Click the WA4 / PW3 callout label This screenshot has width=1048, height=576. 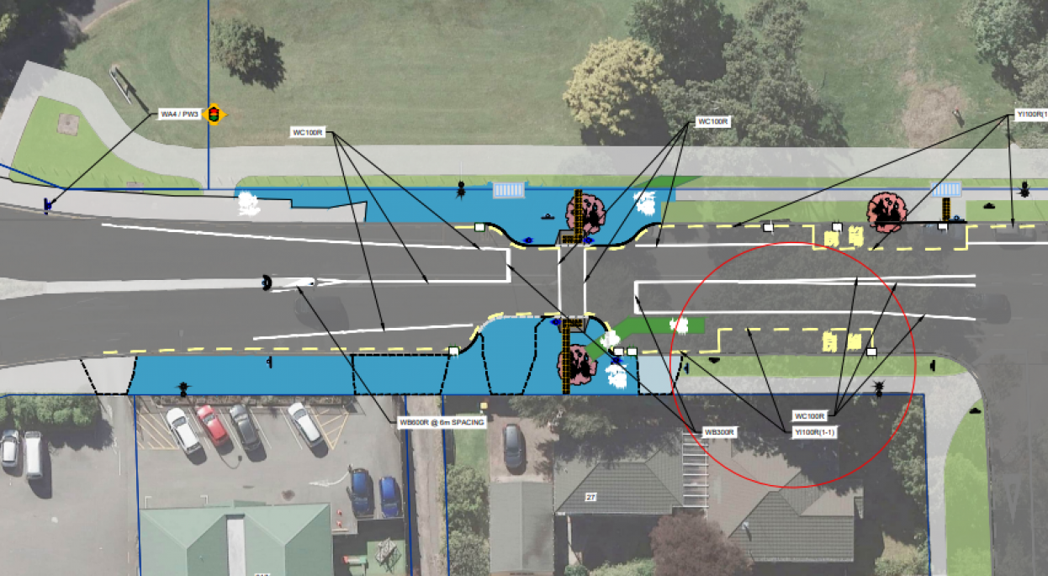(179, 114)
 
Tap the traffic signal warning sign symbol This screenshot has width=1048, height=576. (214, 114)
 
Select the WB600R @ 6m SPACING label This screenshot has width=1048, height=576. (442, 422)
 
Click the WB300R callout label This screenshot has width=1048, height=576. (720, 432)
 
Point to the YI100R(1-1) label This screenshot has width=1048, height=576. (814, 431)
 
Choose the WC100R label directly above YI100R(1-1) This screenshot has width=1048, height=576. (811, 416)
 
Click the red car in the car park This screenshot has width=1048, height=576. (213, 424)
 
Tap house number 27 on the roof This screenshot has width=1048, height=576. (590, 498)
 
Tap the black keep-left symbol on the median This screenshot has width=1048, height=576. (267, 283)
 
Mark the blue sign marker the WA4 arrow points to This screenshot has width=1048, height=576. (48, 204)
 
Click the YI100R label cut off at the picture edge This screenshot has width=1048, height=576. (1029, 114)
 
